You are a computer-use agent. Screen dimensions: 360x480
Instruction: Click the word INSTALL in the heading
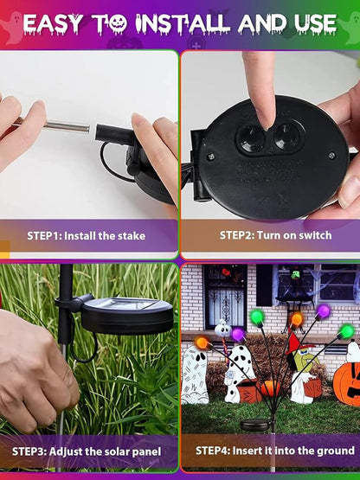(x=183, y=23)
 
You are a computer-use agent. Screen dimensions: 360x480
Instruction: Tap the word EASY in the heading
(x=54, y=24)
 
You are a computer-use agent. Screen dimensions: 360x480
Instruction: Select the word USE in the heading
(x=316, y=23)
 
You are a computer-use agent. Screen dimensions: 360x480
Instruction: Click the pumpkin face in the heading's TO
(x=118, y=24)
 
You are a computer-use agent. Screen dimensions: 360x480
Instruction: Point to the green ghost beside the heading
(x=350, y=30)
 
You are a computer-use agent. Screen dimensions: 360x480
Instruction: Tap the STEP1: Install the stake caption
(x=86, y=236)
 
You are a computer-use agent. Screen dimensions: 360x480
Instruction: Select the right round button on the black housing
(x=287, y=137)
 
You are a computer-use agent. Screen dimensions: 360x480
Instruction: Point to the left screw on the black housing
(x=211, y=157)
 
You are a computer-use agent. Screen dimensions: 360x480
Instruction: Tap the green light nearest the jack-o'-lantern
(x=347, y=331)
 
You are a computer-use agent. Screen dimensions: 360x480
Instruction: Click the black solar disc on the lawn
(x=254, y=425)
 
